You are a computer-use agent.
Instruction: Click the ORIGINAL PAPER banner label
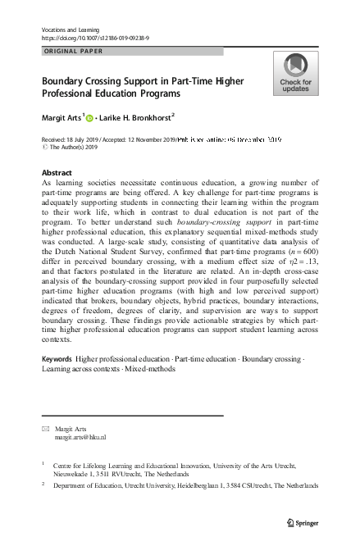[71, 52]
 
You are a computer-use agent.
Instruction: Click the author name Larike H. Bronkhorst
[138, 118]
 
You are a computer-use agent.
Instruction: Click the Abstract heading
[57, 173]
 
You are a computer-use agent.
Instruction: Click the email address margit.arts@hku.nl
[80, 438]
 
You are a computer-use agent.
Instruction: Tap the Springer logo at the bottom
[302, 521]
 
